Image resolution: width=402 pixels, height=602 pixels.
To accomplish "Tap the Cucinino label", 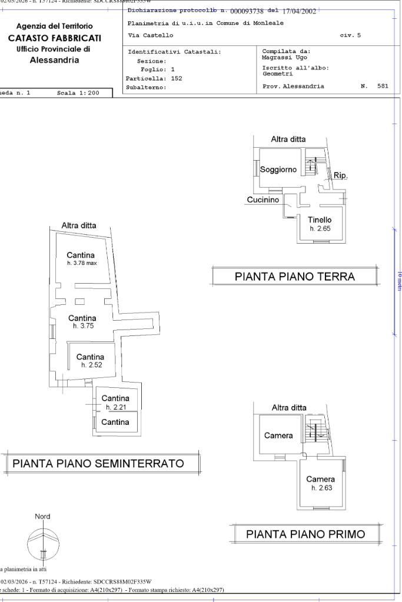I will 263,200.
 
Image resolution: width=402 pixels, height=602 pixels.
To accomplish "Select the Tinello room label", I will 320,220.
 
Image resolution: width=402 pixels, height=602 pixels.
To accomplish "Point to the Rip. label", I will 340,175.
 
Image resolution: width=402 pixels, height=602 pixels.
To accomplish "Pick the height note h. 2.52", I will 91,365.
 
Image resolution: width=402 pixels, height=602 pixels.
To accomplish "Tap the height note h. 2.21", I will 115,407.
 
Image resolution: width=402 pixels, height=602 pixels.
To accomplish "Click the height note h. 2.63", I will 321,488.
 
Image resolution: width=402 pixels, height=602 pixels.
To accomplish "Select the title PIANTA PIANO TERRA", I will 294,276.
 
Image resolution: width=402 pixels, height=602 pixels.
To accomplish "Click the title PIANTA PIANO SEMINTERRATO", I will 98,463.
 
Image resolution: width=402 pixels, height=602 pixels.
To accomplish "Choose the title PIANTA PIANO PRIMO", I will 305,534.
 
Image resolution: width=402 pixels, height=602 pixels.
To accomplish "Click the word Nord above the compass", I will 42,517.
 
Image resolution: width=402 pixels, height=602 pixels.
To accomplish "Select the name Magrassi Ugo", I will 285,58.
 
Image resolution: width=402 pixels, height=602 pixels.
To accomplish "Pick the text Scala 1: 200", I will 78,93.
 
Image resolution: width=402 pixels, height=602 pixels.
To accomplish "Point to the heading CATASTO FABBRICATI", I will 54,38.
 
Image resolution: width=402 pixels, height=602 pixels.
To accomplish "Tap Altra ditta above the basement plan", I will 79,225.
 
